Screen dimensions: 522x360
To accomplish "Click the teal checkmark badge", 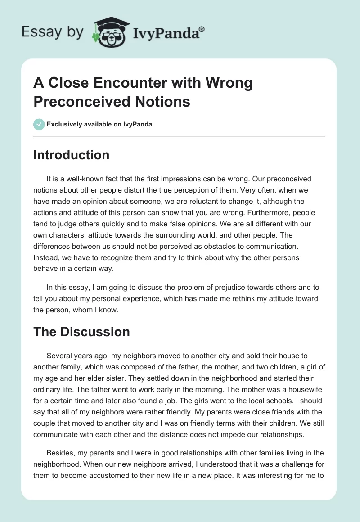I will point(39,124).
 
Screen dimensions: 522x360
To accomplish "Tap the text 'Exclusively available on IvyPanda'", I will point(99,124).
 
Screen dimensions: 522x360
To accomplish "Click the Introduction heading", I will point(72,155).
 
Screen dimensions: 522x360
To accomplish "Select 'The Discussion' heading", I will point(81,332).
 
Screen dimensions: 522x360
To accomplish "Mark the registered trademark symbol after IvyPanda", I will point(202,28).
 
